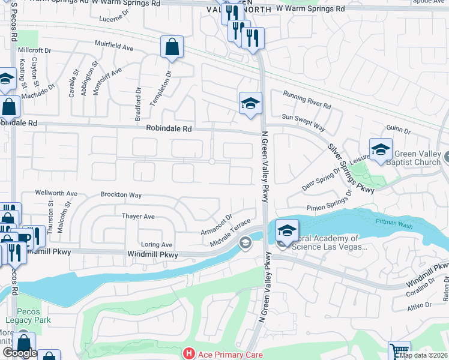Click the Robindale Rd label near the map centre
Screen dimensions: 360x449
169,128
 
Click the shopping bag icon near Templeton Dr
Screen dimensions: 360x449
172,47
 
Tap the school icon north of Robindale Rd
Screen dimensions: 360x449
250,104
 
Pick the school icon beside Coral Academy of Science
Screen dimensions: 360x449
287,230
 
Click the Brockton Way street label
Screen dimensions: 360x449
121,195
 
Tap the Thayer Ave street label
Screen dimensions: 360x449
138,216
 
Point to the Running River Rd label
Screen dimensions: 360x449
307,100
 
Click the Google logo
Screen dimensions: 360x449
20,353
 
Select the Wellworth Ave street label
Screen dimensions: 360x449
56,193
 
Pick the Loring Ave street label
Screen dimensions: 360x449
157,245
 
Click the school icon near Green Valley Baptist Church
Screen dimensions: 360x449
380,149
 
